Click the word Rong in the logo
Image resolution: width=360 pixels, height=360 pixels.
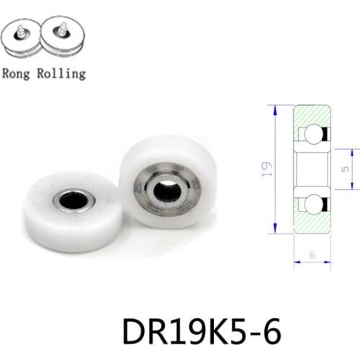pos(17,73)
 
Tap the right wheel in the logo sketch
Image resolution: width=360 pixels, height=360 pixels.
pos(63,35)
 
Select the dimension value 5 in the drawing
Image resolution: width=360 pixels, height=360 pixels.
pos(347,169)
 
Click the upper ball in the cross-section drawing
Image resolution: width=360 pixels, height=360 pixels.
pos(312,134)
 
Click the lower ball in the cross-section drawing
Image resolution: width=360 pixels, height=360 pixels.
pos(312,204)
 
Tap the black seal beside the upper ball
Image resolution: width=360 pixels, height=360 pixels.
pos(325,134)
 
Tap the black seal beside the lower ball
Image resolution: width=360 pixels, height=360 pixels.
pos(325,204)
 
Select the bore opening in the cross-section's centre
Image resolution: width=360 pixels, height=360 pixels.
pos(312,169)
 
